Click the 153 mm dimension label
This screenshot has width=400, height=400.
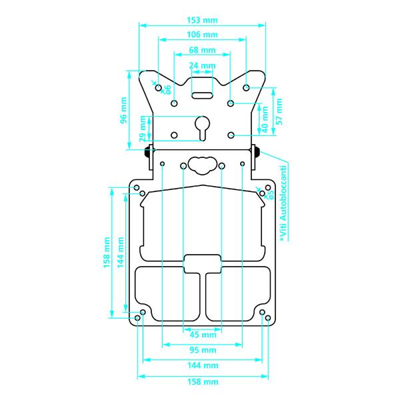pyautogui.click(x=202, y=20)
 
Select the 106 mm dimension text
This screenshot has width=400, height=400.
pyautogui.click(x=202, y=35)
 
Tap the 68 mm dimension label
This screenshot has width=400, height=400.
pyautogui.click(x=202, y=50)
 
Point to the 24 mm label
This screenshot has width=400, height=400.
pyautogui.click(x=202, y=65)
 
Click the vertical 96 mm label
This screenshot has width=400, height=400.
pyautogui.click(x=123, y=110)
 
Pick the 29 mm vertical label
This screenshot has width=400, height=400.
pyautogui.click(x=143, y=129)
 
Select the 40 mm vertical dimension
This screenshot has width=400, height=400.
pyautogui.click(x=265, y=119)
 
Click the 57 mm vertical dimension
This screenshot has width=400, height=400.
pyautogui.click(x=279, y=111)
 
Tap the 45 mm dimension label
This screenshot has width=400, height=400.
pyautogui.click(x=203, y=335)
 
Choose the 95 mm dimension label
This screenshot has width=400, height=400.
pyautogui.click(x=203, y=350)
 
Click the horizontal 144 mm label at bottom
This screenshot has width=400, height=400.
pyautogui.click(x=203, y=365)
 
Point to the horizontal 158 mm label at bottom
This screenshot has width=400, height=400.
pyautogui.click(x=203, y=382)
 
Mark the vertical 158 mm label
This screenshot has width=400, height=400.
pyautogui.click(x=107, y=253)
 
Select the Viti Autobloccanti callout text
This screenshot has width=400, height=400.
pyautogui.click(x=283, y=203)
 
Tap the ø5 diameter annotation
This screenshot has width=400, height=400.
pyautogui.click(x=271, y=195)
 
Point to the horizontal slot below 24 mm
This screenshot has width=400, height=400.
pyautogui.click(x=202, y=95)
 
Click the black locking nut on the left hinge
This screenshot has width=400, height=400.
pyautogui.click(x=147, y=152)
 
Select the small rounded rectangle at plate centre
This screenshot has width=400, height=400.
pyautogui.click(x=202, y=264)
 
